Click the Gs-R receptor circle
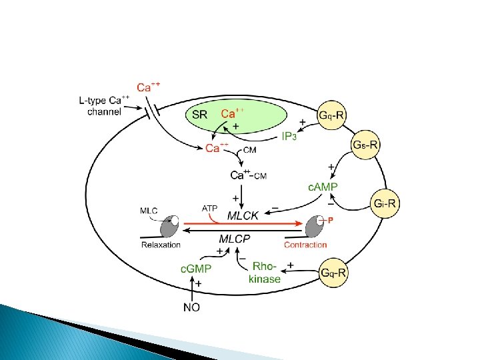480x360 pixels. click(365, 145)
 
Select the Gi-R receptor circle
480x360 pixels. click(385, 203)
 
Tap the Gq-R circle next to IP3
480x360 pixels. click(332, 115)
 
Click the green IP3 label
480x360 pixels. click(287, 137)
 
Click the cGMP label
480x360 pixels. click(196, 269)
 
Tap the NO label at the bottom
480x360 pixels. click(191, 307)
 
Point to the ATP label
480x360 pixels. click(209, 209)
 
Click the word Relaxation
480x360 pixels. click(161, 245)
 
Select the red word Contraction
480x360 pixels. click(305, 245)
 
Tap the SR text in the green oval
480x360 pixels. click(200, 114)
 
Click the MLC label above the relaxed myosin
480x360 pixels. click(149, 211)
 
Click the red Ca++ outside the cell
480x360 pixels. click(149, 87)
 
